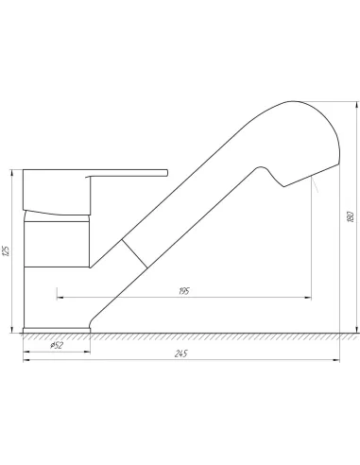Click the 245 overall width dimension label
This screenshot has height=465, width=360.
tap(180, 353)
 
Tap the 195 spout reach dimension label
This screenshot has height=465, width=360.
tap(183, 291)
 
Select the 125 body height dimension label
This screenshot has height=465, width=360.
tap(6, 250)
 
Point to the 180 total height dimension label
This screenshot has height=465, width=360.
tap(351, 217)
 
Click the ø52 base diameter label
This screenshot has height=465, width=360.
tap(57, 345)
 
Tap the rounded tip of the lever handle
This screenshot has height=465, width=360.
tap(166, 173)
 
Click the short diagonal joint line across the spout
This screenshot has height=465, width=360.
tap(134, 253)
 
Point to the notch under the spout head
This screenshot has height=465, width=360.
tap(272, 177)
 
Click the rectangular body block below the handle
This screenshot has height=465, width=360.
tap(57, 244)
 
